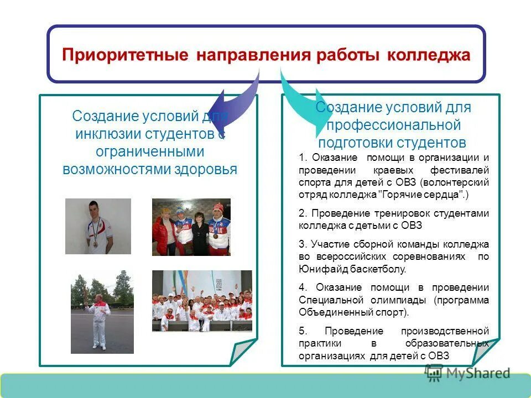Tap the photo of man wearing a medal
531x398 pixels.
[x=98, y=226]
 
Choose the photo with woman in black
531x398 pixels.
[x=191, y=227]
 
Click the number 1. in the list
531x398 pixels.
[x=302, y=158]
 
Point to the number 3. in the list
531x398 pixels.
[x=302, y=244]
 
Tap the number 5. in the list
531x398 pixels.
[x=302, y=331]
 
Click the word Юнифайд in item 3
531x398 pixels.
[x=318, y=269]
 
